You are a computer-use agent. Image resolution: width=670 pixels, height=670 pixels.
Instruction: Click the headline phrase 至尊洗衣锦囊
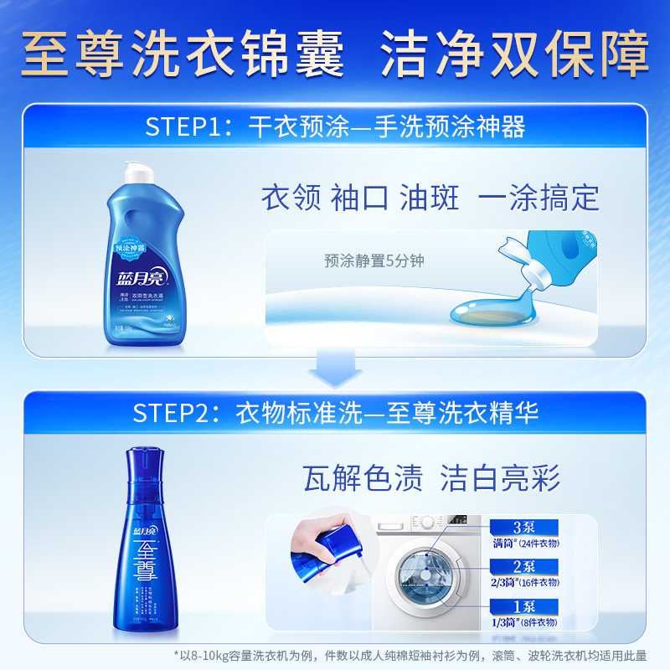pos(183,56)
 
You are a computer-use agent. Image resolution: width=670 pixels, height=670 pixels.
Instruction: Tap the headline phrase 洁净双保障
pos(515,56)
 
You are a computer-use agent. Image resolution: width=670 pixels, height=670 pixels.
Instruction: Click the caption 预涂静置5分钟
pos(374,260)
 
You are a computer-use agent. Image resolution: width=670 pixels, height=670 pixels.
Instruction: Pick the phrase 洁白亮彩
pos(500,478)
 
